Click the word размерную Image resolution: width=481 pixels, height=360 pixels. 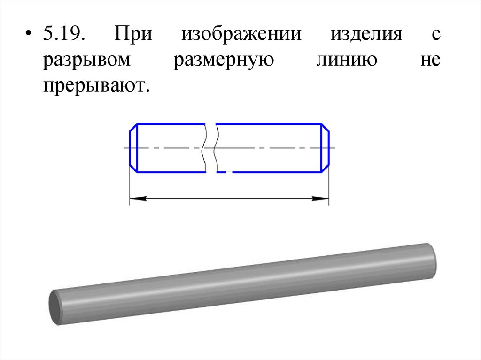pos(223,62)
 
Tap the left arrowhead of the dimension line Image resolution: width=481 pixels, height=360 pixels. pos(137,199)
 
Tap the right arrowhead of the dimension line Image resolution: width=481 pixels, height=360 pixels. pos(321,199)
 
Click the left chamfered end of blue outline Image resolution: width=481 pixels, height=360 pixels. pos(133,148)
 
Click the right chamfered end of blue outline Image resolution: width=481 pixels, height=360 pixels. pos(325,148)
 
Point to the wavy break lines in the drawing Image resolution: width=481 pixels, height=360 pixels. pos(210,148)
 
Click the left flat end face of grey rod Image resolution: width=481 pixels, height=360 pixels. pos(55,307)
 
